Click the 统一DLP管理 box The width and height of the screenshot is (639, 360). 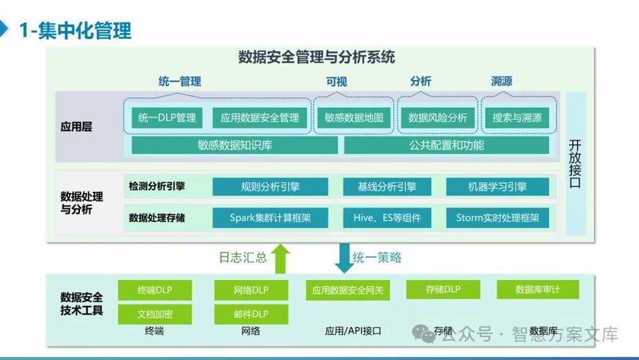(166, 117)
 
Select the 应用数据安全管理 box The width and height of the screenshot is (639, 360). (260, 117)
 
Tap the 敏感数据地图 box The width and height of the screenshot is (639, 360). (354, 117)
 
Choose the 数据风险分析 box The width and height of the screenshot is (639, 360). (438, 117)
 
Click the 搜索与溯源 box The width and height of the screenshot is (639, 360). (517, 117)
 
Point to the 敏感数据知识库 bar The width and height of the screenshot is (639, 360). (235, 145)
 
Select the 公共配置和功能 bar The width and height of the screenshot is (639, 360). (446, 145)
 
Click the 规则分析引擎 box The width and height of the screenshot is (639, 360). (270, 186)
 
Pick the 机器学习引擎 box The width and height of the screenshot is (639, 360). (497, 186)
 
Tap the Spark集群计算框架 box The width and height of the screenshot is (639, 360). (270, 217)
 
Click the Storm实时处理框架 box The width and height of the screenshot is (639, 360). (497, 217)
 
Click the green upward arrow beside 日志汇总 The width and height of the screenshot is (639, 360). (281, 258)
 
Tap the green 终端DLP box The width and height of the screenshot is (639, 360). (155, 290)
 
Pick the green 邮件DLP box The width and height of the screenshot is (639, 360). (250, 314)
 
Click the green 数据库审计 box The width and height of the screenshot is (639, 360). (538, 289)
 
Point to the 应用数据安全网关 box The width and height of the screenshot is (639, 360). (348, 291)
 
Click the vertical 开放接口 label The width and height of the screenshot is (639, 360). (575, 163)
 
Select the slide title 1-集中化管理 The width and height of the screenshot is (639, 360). (75, 30)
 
